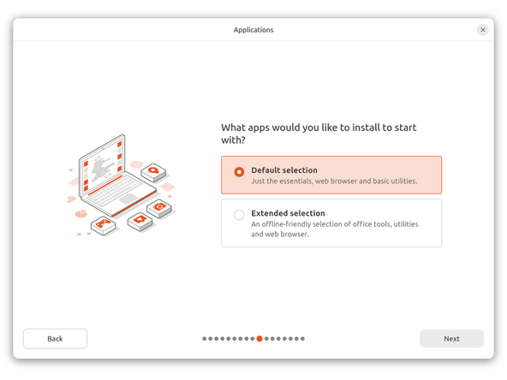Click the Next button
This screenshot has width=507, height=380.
click(x=451, y=339)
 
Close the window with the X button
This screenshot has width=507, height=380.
click(x=483, y=29)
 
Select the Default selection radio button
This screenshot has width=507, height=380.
click(x=239, y=171)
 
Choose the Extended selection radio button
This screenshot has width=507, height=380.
click(x=239, y=215)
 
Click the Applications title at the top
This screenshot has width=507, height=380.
click(x=254, y=30)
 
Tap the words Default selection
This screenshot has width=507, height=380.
click(x=284, y=170)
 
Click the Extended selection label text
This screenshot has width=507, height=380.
click(x=288, y=213)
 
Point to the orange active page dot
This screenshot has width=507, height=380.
click(x=259, y=339)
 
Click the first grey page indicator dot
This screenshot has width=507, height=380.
click(x=205, y=339)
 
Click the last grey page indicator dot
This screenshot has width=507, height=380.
click(x=302, y=339)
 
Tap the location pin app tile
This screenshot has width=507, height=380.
click(x=153, y=172)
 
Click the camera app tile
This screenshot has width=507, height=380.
click(x=158, y=208)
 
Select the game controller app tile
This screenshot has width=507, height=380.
click(x=104, y=226)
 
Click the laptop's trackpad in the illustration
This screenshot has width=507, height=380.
click(x=128, y=199)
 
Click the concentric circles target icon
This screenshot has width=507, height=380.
click(x=137, y=163)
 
